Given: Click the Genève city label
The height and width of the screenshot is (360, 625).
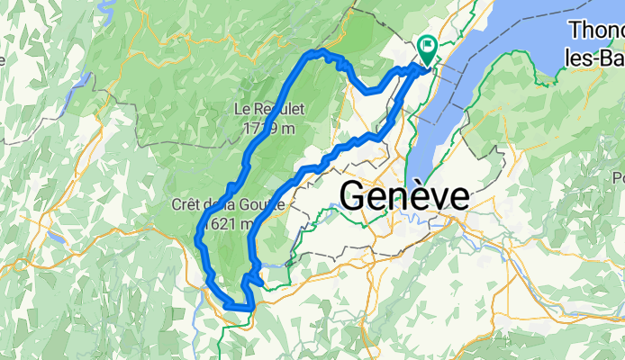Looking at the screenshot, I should (405, 195).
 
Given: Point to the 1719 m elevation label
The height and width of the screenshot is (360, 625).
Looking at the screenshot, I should (268, 128).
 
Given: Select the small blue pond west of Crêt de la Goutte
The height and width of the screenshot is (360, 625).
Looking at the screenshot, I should (56, 240).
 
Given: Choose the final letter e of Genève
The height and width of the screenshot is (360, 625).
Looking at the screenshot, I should (458, 197).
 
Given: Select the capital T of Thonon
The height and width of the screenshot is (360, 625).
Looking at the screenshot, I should (575, 31).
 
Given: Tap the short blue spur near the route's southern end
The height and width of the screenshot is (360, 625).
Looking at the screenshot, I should (257, 283).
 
